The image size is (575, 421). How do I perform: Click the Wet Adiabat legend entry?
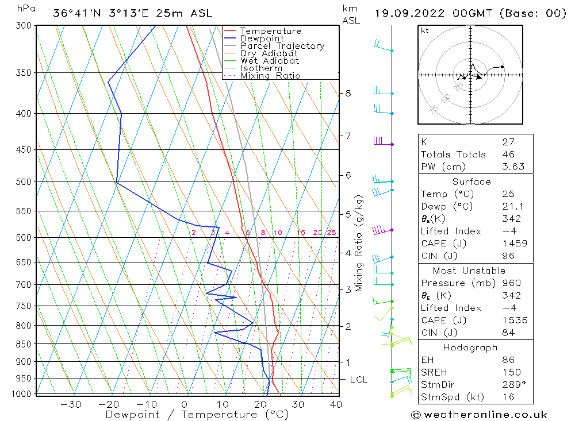click(270, 61)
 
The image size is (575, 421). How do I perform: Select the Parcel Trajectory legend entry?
click(282, 46)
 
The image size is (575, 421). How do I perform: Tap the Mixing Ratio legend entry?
click(270, 76)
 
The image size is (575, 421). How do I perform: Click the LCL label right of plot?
click(358, 380)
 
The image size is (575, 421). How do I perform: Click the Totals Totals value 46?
click(508, 155)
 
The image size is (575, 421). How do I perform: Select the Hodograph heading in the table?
click(470, 347)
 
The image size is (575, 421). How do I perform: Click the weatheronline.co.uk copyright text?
click(479, 415)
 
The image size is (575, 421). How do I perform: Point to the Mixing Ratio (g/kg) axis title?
click(359, 244)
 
